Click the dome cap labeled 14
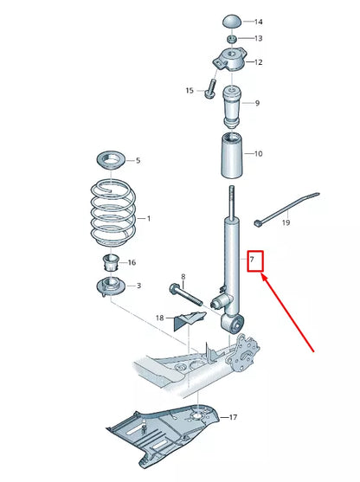pos(232,21)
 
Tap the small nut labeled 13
pos(232,39)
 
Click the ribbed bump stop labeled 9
pos(231,104)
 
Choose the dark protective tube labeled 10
pos(231,155)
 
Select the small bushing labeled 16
pos(110,262)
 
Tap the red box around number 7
pos(255,260)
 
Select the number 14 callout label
pos(258,21)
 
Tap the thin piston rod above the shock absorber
pos(231,201)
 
